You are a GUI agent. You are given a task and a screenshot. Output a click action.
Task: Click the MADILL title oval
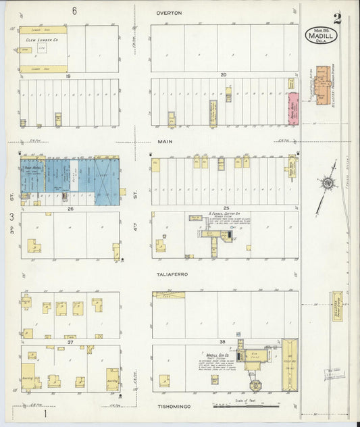pos(321,35)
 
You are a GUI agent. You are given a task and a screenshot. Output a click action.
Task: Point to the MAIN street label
pos(166,141)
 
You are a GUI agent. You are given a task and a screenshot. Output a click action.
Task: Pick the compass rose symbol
pos(328,183)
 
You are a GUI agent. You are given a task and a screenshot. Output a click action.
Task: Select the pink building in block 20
pos(293,107)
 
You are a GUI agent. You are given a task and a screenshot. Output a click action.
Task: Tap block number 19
pos(68,76)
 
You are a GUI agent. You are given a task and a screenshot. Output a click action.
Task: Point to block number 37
pos(70,342)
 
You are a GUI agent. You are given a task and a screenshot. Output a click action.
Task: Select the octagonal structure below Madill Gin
pos(255,385)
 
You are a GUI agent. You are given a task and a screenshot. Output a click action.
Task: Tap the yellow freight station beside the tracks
pos(337,306)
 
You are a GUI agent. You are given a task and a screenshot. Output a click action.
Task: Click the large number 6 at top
pos(74,11)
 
